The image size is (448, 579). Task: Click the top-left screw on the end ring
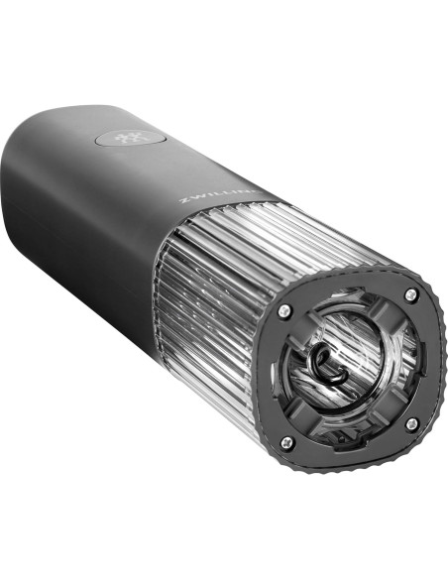click(x=285, y=310)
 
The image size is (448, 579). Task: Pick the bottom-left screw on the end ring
click(x=286, y=442)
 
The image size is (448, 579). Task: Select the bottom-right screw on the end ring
click(x=410, y=424)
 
